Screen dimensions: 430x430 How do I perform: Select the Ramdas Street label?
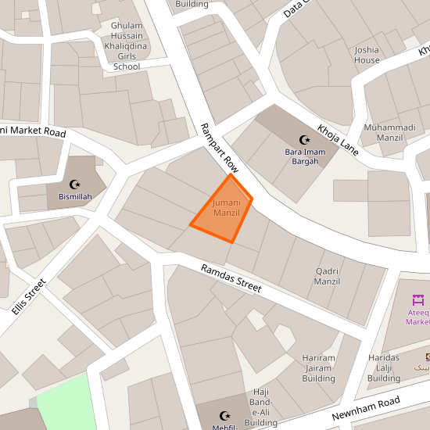tap(231, 278)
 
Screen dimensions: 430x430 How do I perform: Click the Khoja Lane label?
tap(338, 139)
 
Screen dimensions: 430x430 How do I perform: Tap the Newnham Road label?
tap(366, 408)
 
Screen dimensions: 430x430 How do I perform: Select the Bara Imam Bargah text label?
tap(302, 156)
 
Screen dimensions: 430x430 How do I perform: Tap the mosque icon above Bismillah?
tap(75, 184)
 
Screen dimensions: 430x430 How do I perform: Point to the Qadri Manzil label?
tap(327, 275)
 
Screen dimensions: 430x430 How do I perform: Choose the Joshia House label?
tap(367, 55)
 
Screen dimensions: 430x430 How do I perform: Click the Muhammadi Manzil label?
tap(389, 132)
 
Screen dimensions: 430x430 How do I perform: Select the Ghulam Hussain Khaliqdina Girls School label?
tap(127, 46)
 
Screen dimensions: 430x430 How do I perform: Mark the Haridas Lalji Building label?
tap(384, 368)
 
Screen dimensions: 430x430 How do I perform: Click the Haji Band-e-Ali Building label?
tap(260, 407)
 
